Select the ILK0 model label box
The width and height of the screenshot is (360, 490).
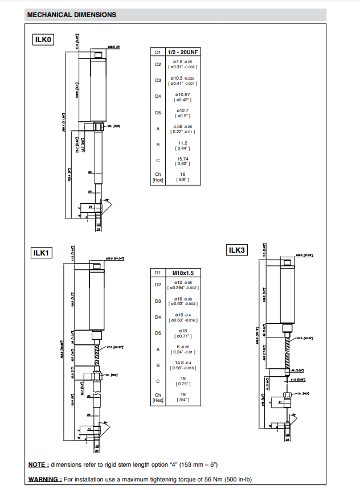[43, 40]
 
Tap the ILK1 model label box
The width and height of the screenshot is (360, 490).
[42, 253]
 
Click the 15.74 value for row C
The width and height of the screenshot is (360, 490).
[182, 159]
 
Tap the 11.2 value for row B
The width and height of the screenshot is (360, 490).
[182, 143]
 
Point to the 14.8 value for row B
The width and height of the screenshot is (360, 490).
[181, 363]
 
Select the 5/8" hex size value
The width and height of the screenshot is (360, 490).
[182, 180]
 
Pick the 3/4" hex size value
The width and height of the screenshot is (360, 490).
[182, 400]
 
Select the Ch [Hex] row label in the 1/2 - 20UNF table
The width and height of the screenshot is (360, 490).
[158, 177]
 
